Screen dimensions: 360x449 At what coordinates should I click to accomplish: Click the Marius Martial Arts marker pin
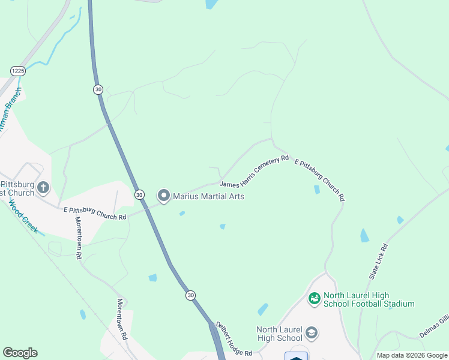click(163, 196)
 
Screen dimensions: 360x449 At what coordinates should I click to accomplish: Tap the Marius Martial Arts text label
click(208, 196)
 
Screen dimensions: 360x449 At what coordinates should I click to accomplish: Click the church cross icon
click(43, 188)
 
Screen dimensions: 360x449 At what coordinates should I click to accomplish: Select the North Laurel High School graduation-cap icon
click(311, 332)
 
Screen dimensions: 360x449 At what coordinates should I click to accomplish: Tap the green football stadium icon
click(314, 298)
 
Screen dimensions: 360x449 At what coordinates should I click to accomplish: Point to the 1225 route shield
click(18, 71)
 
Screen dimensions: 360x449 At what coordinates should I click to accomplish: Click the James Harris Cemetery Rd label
click(255, 172)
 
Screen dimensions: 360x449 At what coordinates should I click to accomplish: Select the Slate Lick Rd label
click(378, 260)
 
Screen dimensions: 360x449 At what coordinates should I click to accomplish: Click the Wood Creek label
click(22, 217)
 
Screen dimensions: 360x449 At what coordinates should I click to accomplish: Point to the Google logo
click(20, 353)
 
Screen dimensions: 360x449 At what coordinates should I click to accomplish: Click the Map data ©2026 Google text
click(412, 355)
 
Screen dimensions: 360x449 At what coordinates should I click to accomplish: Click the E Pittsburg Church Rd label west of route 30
click(95, 213)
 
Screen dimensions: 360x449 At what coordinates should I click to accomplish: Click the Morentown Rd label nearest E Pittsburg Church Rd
click(78, 237)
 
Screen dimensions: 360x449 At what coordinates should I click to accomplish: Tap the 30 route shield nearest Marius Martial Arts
click(139, 194)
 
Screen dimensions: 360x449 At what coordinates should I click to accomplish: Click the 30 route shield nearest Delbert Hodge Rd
click(190, 295)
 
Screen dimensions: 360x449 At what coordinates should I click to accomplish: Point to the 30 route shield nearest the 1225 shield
click(98, 89)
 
